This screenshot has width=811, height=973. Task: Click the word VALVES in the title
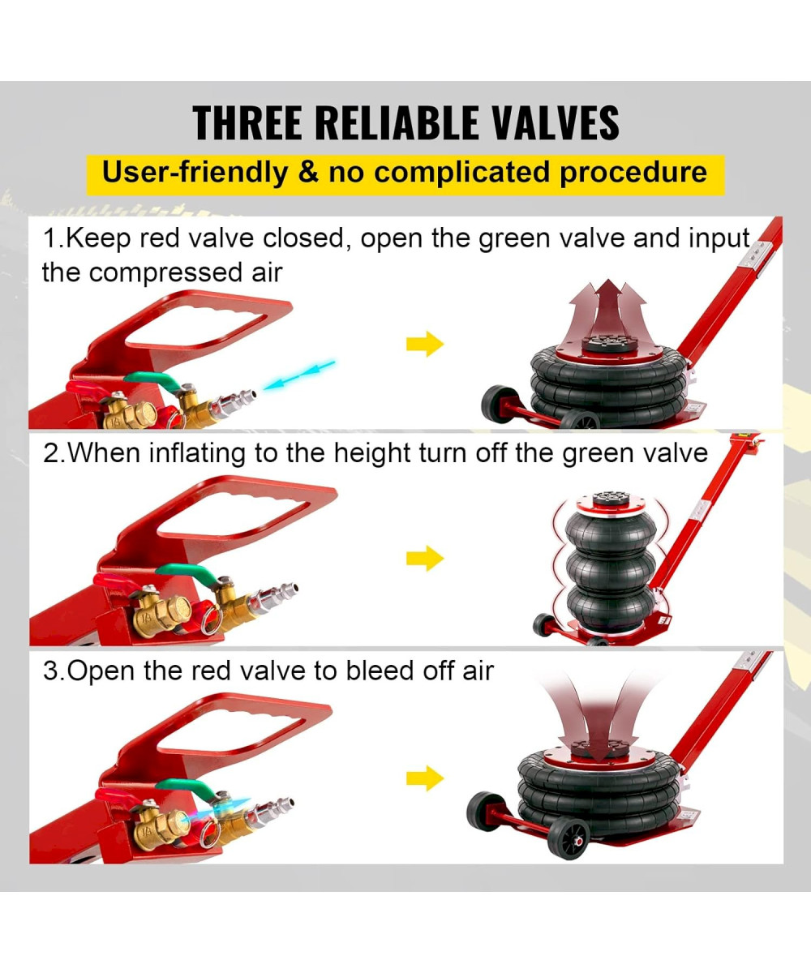[x=556, y=122]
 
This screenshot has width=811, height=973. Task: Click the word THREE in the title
[x=247, y=122]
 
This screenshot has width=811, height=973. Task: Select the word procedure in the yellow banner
[x=633, y=174]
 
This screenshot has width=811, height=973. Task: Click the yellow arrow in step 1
[x=425, y=344]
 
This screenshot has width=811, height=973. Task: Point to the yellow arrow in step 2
[x=425, y=558]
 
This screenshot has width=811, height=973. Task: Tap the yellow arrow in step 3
[x=425, y=778]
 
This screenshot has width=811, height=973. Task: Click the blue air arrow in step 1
[x=298, y=375]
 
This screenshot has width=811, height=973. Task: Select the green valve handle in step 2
[x=186, y=572]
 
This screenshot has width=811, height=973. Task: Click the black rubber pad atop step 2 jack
[x=611, y=499]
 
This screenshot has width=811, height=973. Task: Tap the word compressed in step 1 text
[x=165, y=272]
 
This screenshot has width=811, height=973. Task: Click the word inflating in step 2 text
[x=197, y=453]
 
